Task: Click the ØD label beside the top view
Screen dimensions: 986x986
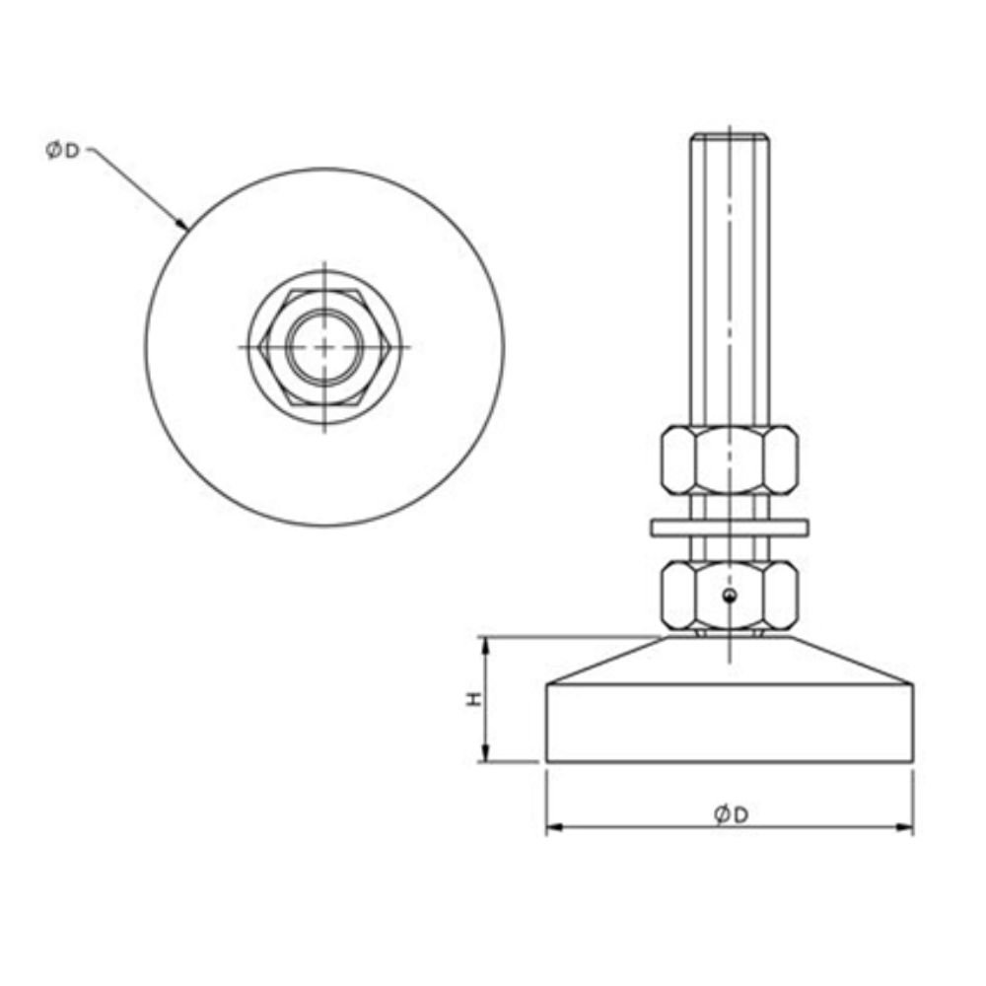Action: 62,151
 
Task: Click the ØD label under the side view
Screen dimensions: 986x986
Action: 731,814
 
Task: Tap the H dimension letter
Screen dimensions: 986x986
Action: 474,699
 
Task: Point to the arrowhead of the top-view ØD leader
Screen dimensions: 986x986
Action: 184,227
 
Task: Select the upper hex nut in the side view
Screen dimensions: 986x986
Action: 729,458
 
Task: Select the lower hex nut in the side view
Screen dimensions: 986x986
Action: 729,595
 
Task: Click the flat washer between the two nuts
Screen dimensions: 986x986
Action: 729,528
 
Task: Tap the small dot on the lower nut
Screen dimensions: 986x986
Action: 729,595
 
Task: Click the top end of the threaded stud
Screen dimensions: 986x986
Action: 729,136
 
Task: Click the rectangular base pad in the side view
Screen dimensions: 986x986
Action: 729,724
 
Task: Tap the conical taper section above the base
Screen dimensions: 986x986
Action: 729,661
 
